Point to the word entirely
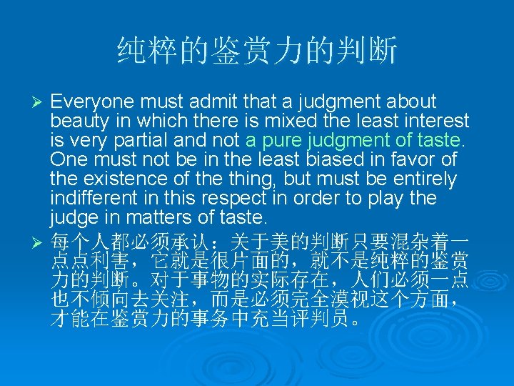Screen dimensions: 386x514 pyautogui.click(x=423, y=179)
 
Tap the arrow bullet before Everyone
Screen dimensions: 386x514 pyautogui.click(x=41, y=102)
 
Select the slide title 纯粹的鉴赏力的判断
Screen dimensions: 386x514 pyautogui.click(x=256, y=51)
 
